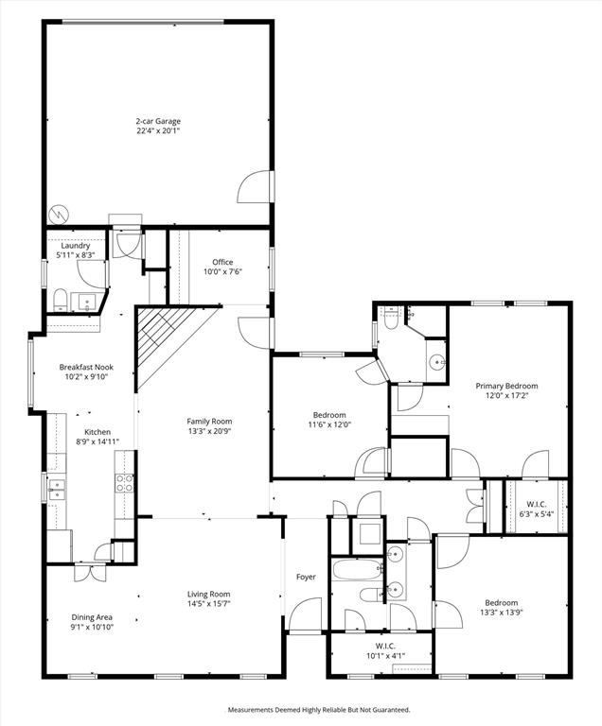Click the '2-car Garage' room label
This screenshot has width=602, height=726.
157,121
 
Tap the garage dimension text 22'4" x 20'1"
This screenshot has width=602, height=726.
157,130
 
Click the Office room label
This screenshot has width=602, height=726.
222,262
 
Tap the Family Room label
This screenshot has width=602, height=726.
209,422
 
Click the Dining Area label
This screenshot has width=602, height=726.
92,616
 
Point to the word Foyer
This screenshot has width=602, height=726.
306,577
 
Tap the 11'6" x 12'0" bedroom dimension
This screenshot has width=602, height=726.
329,424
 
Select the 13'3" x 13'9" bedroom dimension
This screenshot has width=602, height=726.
502,613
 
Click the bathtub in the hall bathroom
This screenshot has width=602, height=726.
354,571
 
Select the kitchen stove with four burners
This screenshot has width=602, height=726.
124,483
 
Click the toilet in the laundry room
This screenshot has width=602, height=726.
60,302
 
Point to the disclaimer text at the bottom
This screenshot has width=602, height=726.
318,709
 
